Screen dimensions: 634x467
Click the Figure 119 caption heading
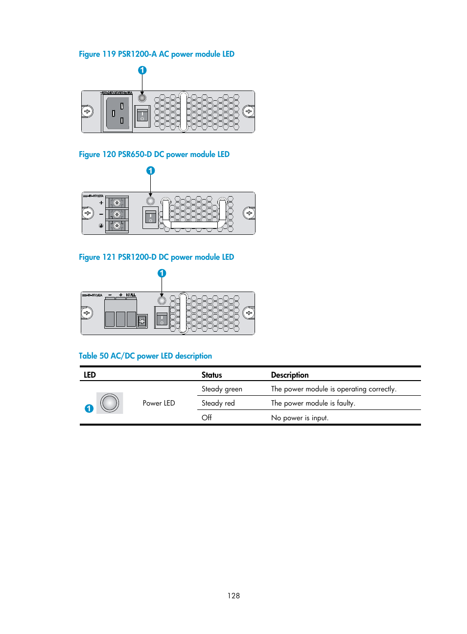[156, 54]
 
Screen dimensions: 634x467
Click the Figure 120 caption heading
[154, 155]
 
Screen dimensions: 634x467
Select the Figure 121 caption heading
[156, 257]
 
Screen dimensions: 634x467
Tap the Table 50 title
[145, 356]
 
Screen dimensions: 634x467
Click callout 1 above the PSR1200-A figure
[142, 70]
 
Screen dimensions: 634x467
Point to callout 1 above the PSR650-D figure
[151, 171]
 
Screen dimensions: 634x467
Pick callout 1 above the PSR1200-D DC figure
[162, 273]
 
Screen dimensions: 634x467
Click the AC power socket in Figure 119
[117, 113]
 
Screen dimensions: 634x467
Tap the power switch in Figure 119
[142, 115]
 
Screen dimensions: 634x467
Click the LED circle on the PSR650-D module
[151, 201]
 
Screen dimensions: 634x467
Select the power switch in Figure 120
[150, 217]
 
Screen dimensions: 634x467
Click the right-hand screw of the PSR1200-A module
[248, 112]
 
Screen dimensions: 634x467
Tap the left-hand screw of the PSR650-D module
[88, 213]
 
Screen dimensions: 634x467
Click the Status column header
[211, 375]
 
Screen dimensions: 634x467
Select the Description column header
[290, 375]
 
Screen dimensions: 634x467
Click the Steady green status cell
[222, 389]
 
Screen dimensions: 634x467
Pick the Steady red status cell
[218, 404]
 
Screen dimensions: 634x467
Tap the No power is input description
[300, 418]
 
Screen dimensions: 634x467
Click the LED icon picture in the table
[110, 403]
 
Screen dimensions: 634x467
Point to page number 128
[233, 596]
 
